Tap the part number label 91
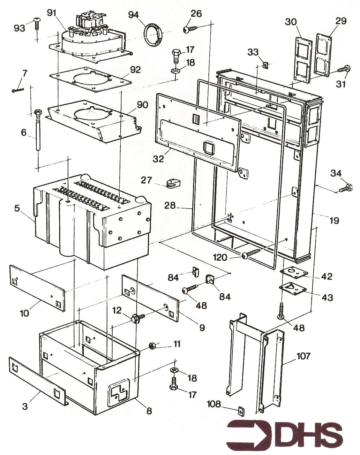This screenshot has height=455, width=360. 52,13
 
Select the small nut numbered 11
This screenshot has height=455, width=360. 152,345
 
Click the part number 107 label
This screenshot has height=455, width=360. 303,356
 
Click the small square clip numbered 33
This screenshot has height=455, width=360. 265,65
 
